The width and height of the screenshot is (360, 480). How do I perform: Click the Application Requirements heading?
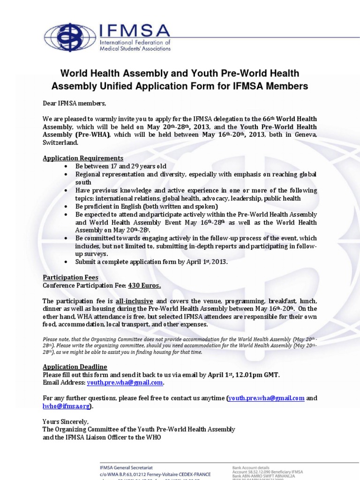(x=83, y=158)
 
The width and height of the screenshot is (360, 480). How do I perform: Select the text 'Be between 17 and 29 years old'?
(x=121, y=166)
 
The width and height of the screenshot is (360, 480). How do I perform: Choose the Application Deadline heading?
(x=75, y=367)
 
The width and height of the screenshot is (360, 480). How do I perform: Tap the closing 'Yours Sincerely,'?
(x=65, y=421)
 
